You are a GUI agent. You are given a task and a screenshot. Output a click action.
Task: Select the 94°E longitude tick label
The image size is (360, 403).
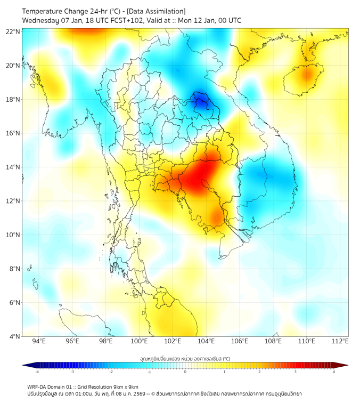(39, 342)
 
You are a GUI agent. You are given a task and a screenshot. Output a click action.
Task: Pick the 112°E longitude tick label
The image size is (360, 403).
(340, 342)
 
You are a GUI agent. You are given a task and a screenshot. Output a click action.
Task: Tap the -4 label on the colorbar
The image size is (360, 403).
(36, 372)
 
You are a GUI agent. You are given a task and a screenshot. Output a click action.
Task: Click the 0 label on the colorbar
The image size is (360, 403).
(185, 372)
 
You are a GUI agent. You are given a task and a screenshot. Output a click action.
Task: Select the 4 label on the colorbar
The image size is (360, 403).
(334, 372)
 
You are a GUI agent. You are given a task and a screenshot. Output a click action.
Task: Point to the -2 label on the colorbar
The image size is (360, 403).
(110, 372)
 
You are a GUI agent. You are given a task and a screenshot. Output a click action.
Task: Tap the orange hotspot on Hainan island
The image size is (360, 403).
(307, 75)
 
